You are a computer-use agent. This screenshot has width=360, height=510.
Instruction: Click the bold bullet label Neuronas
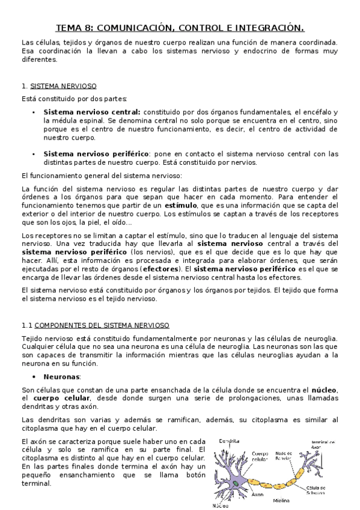(x=62, y=376)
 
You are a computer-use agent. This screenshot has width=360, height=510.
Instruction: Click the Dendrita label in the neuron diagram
(x=231, y=441)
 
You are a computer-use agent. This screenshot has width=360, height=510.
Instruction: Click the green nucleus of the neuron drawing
(x=237, y=484)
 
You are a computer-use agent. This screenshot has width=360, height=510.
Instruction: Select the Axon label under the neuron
(x=257, y=495)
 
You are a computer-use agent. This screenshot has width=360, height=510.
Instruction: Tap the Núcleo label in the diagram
(x=222, y=505)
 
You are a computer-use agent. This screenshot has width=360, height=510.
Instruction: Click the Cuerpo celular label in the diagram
(x=260, y=457)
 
